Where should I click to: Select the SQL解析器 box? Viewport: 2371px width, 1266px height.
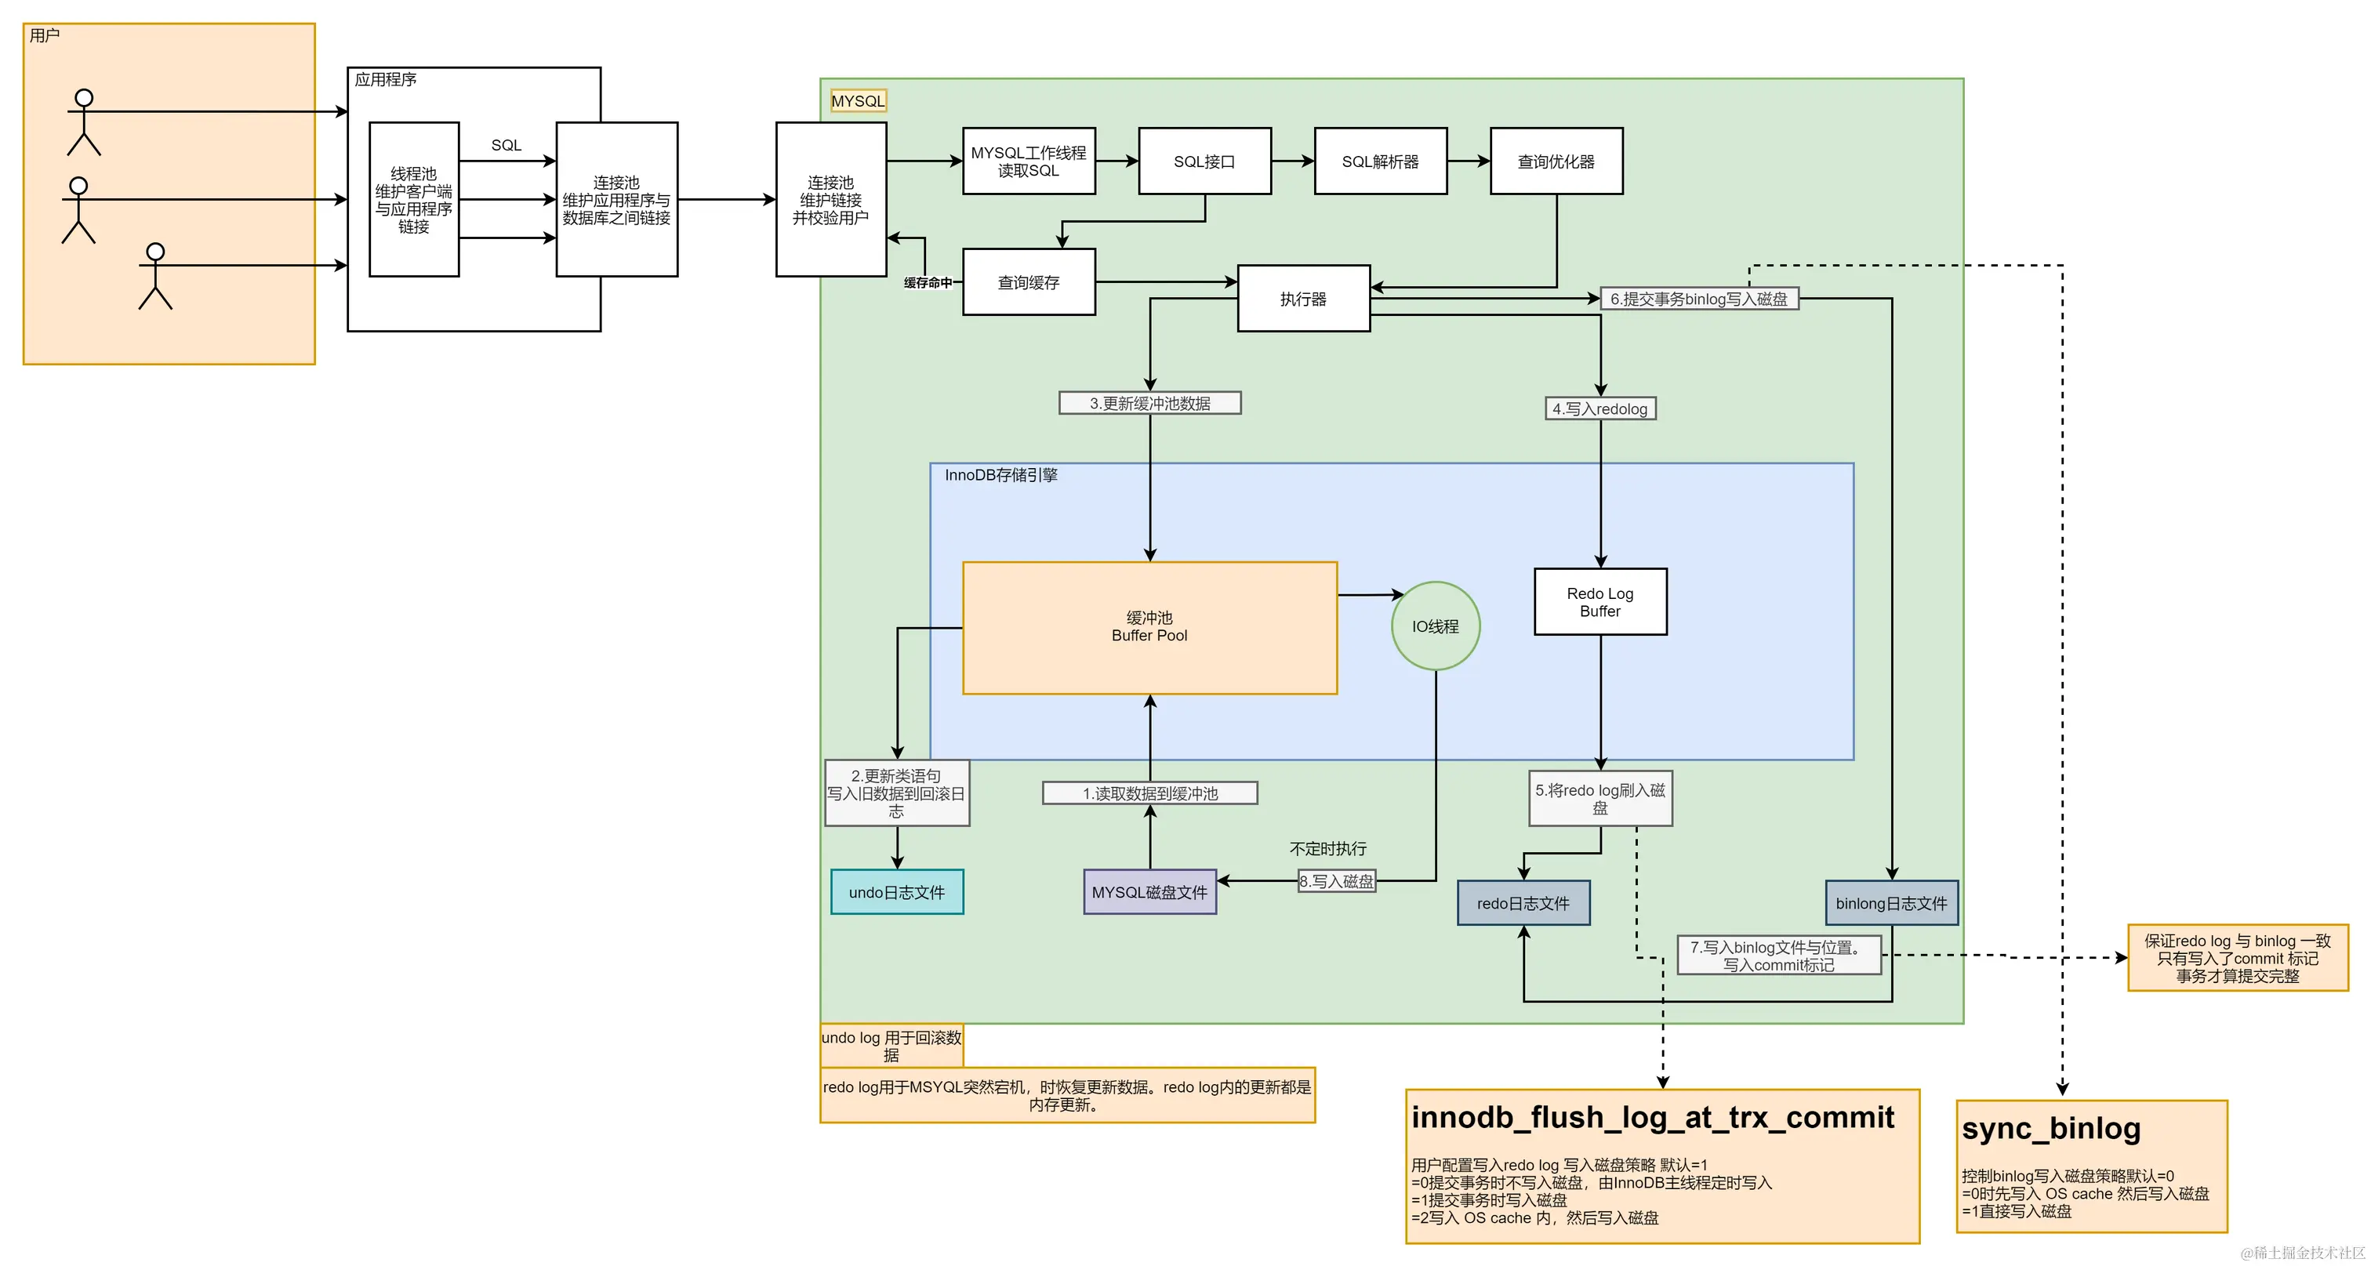[x=1380, y=161]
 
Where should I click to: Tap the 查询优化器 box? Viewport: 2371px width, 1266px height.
[x=1556, y=161]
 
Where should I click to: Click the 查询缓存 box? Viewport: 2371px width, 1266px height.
[x=1028, y=282]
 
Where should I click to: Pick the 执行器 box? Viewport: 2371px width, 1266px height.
[x=1303, y=299]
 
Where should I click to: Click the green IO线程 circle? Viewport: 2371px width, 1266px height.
[x=1435, y=626]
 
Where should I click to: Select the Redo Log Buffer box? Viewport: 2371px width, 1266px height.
[x=1599, y=602]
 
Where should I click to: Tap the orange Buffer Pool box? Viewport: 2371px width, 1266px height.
[x=1149, y=627]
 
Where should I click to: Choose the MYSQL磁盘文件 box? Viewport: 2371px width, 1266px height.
[x=1149, y=891]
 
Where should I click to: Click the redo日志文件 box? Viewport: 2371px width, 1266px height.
[x=1523, y=902]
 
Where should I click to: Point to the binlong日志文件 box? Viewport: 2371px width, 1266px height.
[x=1890, y=902]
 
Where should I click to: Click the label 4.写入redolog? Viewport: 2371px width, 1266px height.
[x=1599, y=408]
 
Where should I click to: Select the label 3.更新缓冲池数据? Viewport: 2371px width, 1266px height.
[x=1149, y=403]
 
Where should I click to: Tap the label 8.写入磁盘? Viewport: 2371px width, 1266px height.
[x=1337, y=880]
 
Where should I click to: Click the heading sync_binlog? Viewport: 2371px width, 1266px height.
[x=2050, y=1128]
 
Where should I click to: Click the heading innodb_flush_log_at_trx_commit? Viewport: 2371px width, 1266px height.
[x=1652, y=1117]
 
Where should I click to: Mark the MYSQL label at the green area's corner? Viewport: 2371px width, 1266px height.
[x=858, y=101]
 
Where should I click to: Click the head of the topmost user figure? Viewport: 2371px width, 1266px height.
[x=84, y=97]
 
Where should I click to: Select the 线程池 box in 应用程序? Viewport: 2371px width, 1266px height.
[x=413, y=200]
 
